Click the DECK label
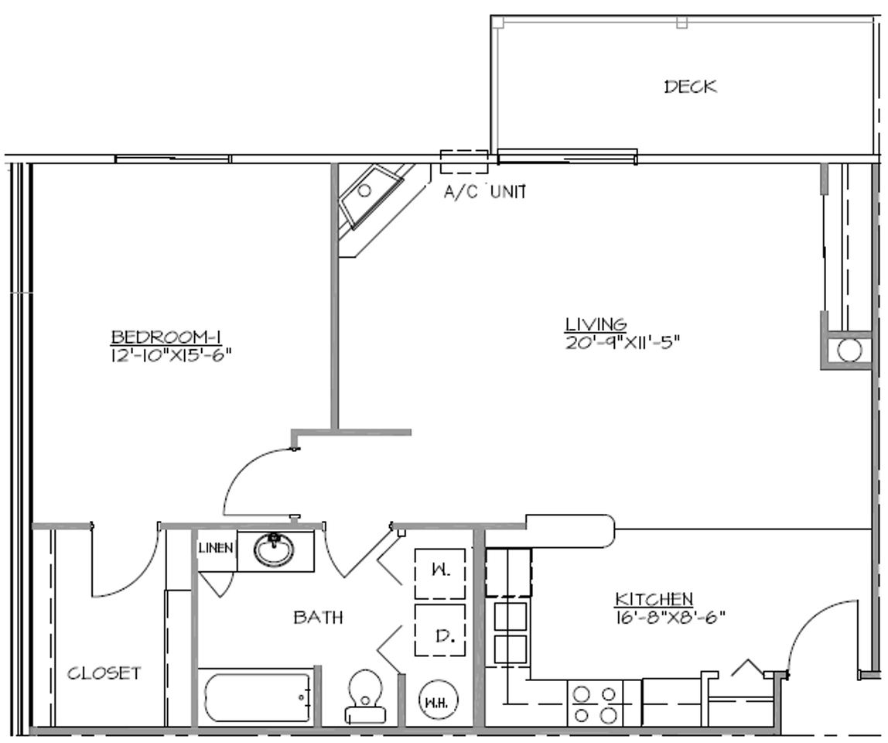click(690, 87)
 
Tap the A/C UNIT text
click(485, 192)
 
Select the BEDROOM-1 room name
click(166, 337)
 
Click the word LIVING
click(595, 324)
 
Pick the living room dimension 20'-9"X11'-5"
click(622, 341)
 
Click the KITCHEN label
click(654, 599)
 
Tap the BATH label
click(318, 618)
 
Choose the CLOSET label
click(104, 673)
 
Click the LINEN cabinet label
click(217, 548)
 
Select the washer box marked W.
click(440, 574)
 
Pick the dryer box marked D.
click(440, 630)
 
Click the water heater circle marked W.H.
click(439, 701)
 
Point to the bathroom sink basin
click(275, 550)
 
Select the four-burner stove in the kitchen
click(596, 704)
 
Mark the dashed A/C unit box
click(464, 161)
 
